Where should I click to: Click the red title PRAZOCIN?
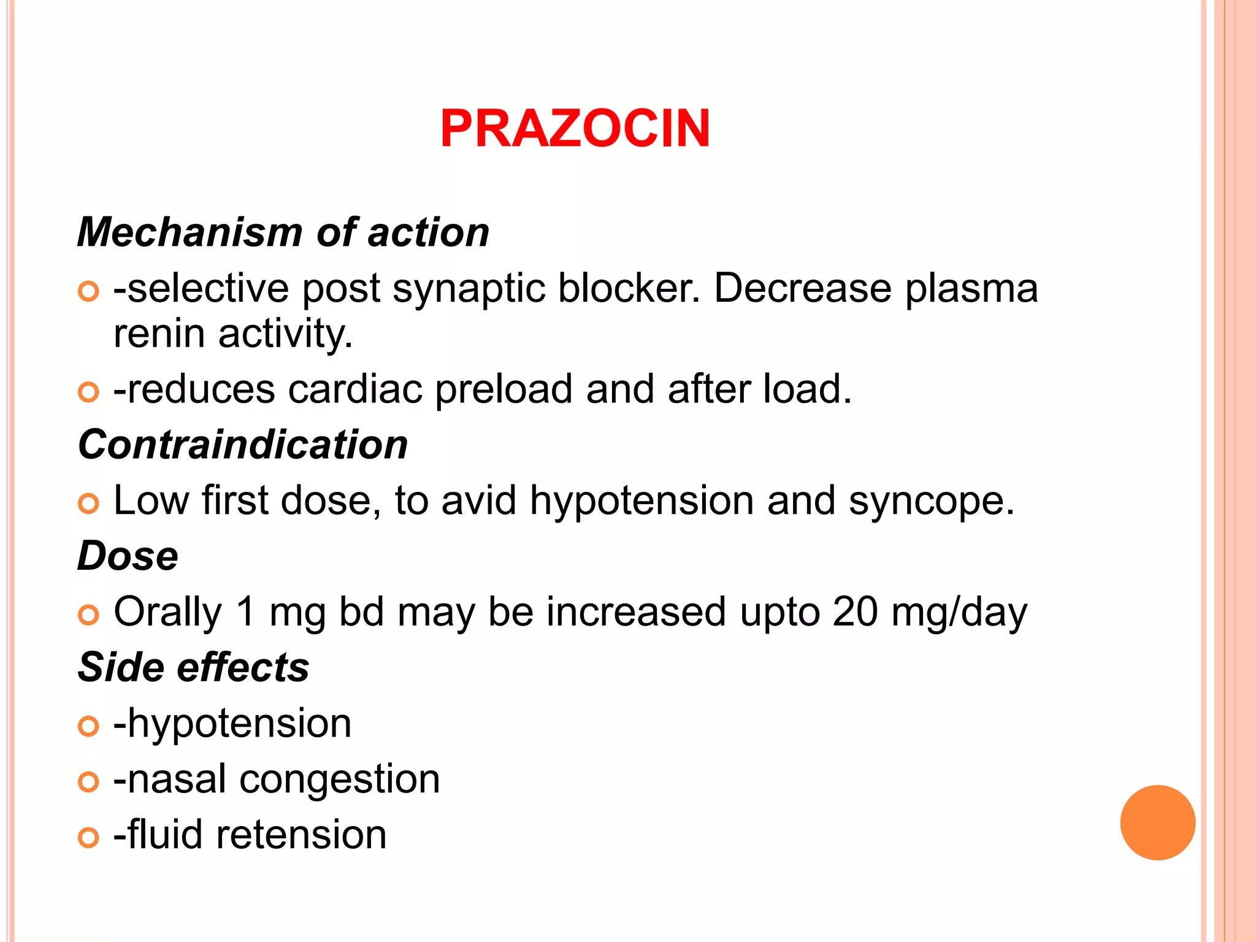click(575, 128)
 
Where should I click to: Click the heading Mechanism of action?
click(283, 232)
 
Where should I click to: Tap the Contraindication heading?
click(243, 445)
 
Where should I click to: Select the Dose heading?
click(128, 556)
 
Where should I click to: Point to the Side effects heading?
click(194, 667)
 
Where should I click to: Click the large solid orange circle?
click(1157, 822)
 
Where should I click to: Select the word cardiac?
click(355, 389)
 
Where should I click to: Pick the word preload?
click(504, 389)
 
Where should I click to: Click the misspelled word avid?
click(478, 500)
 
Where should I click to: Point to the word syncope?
click(931, 500)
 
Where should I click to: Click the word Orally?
click(167, 612)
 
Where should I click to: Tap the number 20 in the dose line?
click(855, 612)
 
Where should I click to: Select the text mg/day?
click(959, 612)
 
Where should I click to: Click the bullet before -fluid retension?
click(88, 837)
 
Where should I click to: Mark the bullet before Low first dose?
click(88, 504)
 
